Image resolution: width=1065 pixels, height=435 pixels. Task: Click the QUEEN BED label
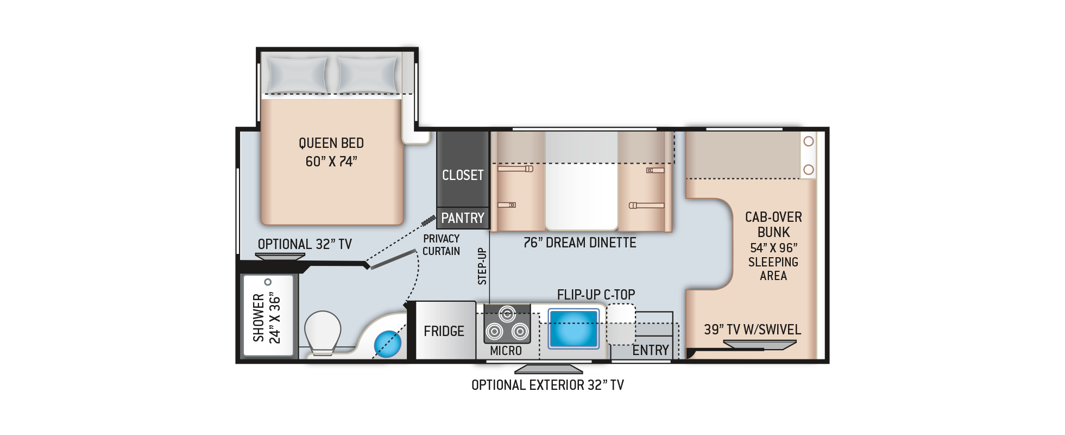pyautogui.click(x=331, y=144)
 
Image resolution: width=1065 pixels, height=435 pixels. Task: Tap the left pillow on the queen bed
pyautogui.click(x=297, y=75)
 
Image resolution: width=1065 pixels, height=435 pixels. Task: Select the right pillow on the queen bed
pyautogui.click(x=368, y=75)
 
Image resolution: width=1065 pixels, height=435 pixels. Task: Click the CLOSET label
pyautogui.click(x=462, y=175)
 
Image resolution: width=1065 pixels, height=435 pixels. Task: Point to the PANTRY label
pyautogui.click(x=462, y=218)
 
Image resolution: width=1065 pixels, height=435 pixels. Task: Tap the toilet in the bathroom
pyautogui.click(x=322, y=332)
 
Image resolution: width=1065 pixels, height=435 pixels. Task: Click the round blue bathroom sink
pyautogui.click(x=388, y=344)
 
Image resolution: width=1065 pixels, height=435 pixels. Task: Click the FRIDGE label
pyautogui.click(x=444, y=331)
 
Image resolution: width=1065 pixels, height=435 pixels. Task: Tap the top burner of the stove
pyautogui.click(x=507, y=313)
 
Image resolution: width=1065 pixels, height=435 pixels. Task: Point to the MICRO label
pyautogui.click(x=506, y=351)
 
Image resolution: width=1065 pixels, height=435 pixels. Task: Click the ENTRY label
pyautogui.click(x=650, y=351)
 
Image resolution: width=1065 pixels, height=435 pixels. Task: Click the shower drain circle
pyautogui.click(x=268, y=282)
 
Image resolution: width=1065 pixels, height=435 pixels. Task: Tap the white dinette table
pyautogui.click(x=581, y=196)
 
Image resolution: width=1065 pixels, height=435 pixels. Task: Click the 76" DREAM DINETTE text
pyautogui.click(x=579, y=243)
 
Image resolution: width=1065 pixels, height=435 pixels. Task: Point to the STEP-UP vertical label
pyautogui.click(x=482, y=266)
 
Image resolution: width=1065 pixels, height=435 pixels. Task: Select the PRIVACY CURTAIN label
pyautogui.click(x=441, y=245)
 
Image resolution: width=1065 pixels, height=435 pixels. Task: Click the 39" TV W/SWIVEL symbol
pyautogui.click(x=759, y=344)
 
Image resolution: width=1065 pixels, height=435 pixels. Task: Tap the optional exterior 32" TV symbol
pyautogui.click(x=548, y=370)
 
